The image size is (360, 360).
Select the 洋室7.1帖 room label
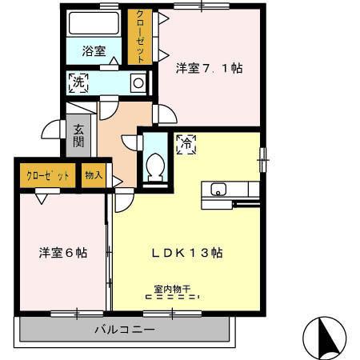pos(209,69)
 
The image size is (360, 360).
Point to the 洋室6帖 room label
pos(63,253)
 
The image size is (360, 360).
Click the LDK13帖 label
pos(188,253)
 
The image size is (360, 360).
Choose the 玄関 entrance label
pos(78,135)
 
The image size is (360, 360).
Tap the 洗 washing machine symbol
pos(78,81)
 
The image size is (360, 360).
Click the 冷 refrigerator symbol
pos(185,144)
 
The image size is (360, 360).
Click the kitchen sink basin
pos(218,190)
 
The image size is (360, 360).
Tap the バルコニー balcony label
pos(124,329)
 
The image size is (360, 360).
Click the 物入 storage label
pos(94,175)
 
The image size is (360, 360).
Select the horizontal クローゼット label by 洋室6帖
pos(47,175)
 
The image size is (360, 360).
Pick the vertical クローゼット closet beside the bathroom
pos(141,37)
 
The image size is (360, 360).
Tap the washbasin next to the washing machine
pos(138,82)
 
